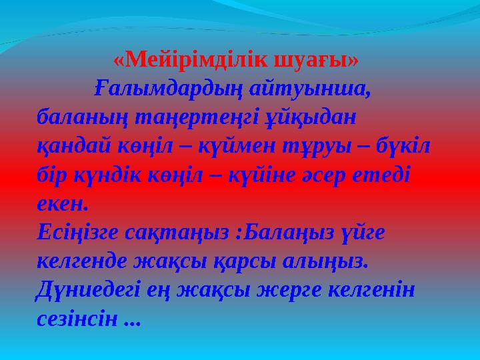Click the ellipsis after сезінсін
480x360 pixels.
tap(133, 321)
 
